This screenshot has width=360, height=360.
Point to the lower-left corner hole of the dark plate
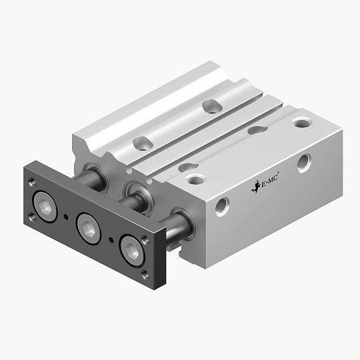tap(31, 215)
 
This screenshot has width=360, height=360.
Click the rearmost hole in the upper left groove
tap(211, 105)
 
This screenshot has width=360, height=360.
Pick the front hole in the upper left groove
tap(142, 142)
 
